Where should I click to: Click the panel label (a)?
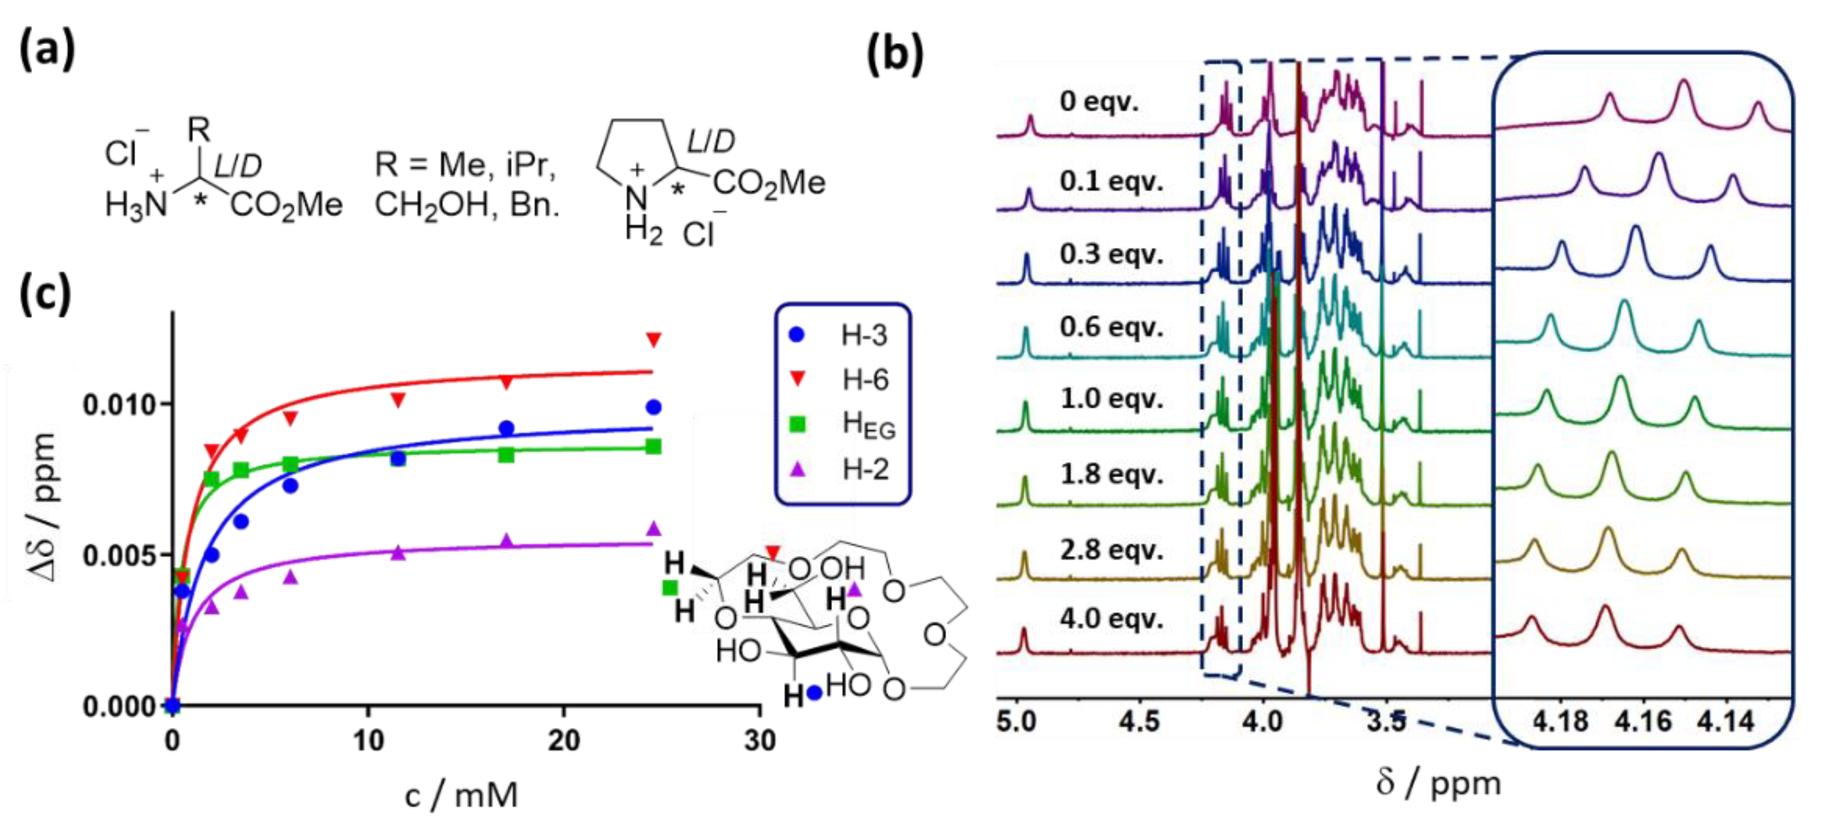[47, 51]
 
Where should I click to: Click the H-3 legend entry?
[862, 335]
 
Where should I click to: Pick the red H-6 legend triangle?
[797, 379]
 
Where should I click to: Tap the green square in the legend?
[797, 424]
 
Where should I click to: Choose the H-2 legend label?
[865, 470]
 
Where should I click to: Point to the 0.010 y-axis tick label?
[119, 405]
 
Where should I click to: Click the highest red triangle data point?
[653, 339]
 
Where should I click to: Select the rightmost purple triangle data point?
[653, 528]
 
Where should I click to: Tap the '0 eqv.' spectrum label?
[1099, 101]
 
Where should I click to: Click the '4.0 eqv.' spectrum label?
[1111, 618]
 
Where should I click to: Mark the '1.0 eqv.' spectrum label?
[1111, 399]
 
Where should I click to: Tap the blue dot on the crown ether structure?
[814, 692]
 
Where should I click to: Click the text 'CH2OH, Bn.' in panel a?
[466, 205]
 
